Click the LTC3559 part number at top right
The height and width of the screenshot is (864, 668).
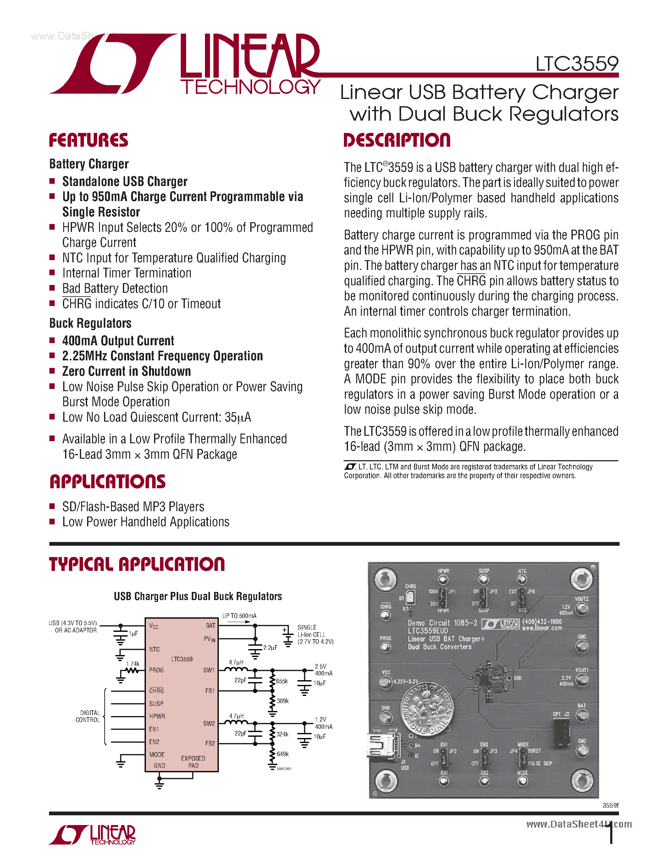[577, 64]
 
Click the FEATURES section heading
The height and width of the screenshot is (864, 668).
[88, 140]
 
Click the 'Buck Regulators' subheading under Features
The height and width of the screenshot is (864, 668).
[90, 323]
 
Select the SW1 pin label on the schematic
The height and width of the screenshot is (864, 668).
[208, 670]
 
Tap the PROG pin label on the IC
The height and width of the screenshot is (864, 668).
[156, 670]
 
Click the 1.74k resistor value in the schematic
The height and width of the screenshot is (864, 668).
[133, 664]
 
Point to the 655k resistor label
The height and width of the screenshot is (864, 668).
[282, 681]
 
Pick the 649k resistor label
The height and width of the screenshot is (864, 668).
[283, 754]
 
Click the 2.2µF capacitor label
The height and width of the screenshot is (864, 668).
[270, 648]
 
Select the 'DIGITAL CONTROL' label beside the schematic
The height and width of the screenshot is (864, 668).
[88, 716]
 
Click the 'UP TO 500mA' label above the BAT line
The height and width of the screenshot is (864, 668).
[239, 616]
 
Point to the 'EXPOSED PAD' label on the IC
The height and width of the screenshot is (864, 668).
[193, 762]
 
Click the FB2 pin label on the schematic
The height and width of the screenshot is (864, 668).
[210, 744]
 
